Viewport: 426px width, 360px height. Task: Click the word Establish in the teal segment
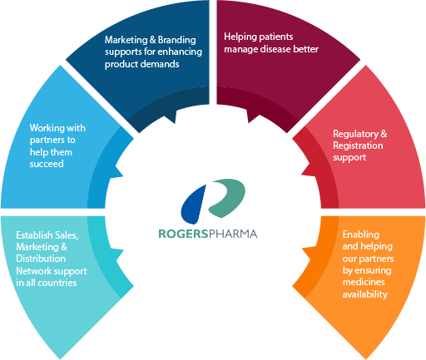click(34, 235)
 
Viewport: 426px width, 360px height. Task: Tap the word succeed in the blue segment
click(47, 164)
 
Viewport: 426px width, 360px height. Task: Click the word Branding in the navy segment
click(166, 39)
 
